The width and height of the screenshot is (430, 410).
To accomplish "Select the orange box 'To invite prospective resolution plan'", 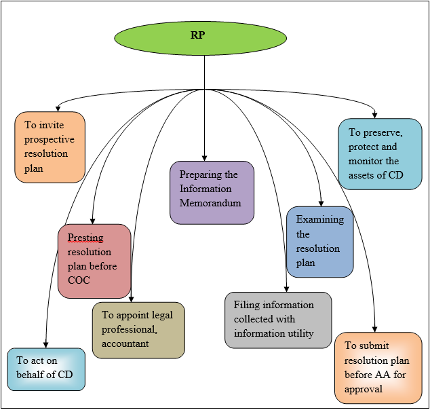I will pyautogui.click(x=50, y=147).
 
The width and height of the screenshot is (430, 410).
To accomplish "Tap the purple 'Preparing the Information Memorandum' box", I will pyautogui.click(x=212, y=192).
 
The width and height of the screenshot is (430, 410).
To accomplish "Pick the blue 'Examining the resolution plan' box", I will pyautogui.click(x=320, y=242).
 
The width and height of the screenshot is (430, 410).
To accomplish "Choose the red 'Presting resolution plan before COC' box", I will pyautogui.click(x=94, y=261).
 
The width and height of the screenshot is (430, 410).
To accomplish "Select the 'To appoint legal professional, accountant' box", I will pyautogui.click(x=138, y=330).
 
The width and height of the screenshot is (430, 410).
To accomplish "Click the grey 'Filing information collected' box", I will pyautogui.click(x=278, y=320).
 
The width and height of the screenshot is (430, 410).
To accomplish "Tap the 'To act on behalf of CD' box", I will pyautogui.click(x=46, y=369).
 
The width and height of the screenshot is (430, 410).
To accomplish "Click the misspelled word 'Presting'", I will pyautogui.click(x=85, y=238).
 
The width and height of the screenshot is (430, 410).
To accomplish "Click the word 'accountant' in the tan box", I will pyautogui.click(x=125, y=343).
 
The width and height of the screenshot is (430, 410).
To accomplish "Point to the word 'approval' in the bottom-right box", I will pyautogui.click(x=364, y=389).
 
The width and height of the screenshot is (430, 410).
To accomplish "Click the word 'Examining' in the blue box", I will pyautogui.click(x=320, y=219).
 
